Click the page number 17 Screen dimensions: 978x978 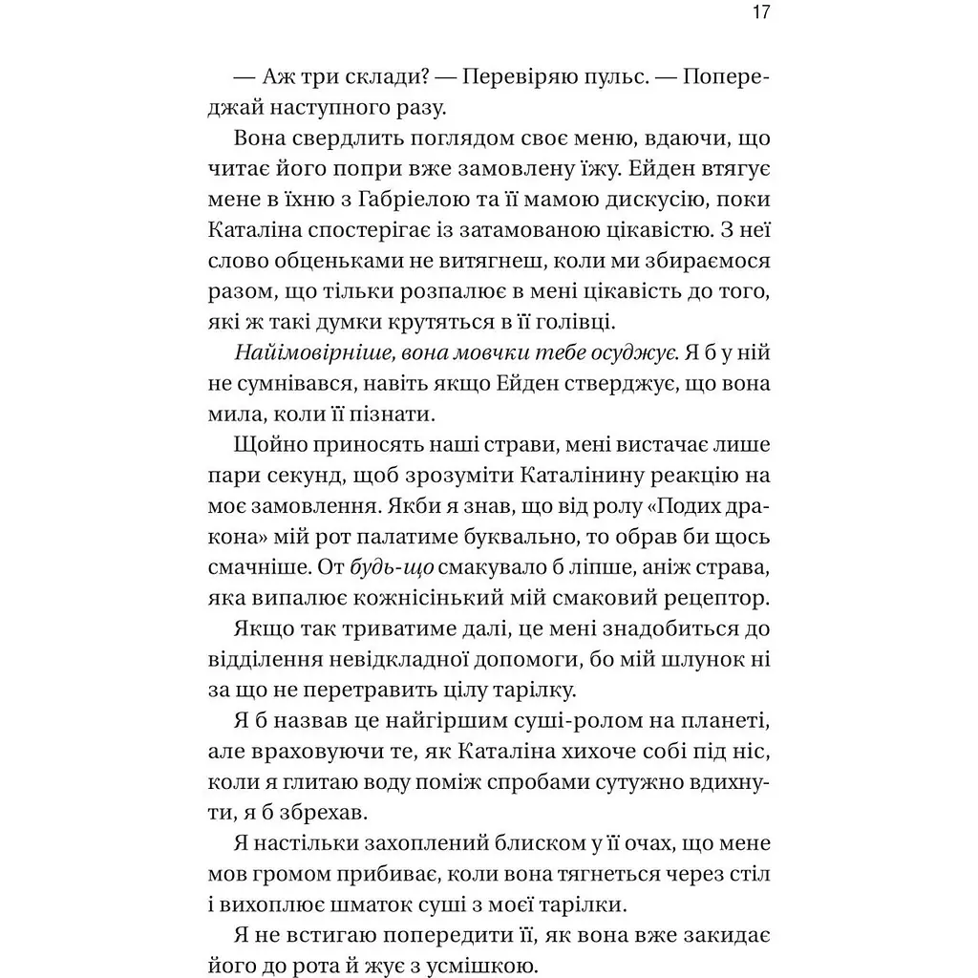760,13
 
